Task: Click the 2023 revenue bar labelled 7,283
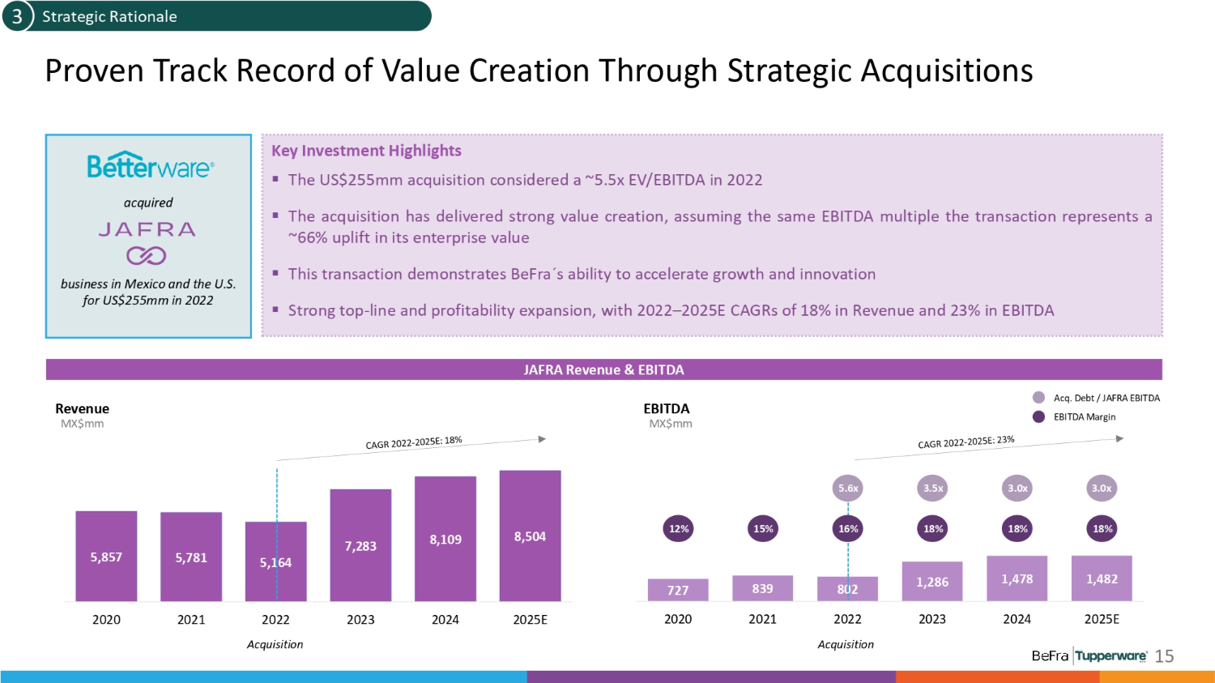pyautogui.click(x=360, y=545)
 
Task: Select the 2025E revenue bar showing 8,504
pyautogui.click(x=530, y=536)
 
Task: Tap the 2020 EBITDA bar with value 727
pyautogui.click(x=678, y=590)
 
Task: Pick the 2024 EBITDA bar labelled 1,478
pyautogui.click(x=1017, y=578)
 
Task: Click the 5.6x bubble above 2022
pyautogui.click(x=848, y=488)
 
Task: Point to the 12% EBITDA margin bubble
pyautogui.click(x=679, y=528)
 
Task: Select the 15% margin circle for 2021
pyautogui.click(x=763, y=528)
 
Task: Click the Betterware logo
pyautogui.click(x=150, y=166)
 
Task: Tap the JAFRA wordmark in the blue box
pyautogui.click(x=147, y=229)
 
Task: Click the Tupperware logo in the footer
pyautogui.click(x=1111, y=655)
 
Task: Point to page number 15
pyautogui.click(x=1164, y=656)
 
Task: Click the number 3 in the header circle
pyautogui.click(x=16, y=16)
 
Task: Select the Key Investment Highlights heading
pyautogui.click(x=366, y=151)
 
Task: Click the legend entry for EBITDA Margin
pyautogui.click(x=1084, y=416)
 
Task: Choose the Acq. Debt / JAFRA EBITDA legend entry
pyautogui.click(x=1106, y=398)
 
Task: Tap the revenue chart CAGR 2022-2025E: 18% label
pyautogui.click(x=413, y=442)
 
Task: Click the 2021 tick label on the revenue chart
pyautogui.click(x=191, y=619)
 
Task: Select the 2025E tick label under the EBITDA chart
pyautogui.click(x=1102, y=619)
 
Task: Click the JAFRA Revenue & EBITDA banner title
pyautogui.click(x=603, y=369)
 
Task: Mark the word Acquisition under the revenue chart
pyautogui.click(x=275, y=644)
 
